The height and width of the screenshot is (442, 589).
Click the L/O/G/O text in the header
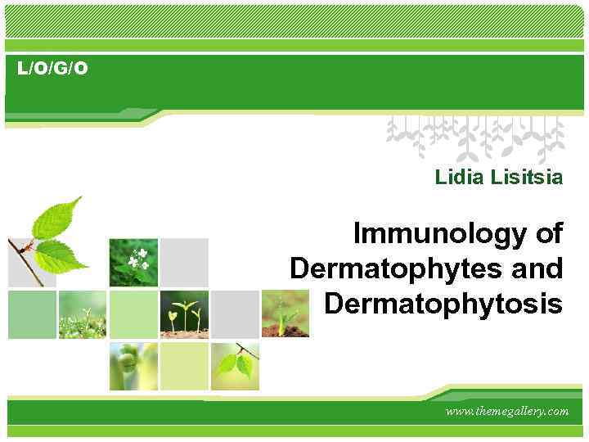point(52,69)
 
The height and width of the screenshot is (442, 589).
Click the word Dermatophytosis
point(443,303)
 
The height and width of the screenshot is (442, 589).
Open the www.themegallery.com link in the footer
point(506,411)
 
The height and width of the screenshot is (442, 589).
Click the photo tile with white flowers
point(133,262)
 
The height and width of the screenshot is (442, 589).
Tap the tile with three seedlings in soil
point(185,314)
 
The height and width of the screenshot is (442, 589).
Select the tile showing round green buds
point(133,366)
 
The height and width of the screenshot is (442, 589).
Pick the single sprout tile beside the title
point(285,314)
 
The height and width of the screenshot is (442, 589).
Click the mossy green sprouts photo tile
point(82,314)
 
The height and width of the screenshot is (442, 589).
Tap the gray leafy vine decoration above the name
point(474,135)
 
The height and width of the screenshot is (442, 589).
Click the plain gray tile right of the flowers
point(185,262)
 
